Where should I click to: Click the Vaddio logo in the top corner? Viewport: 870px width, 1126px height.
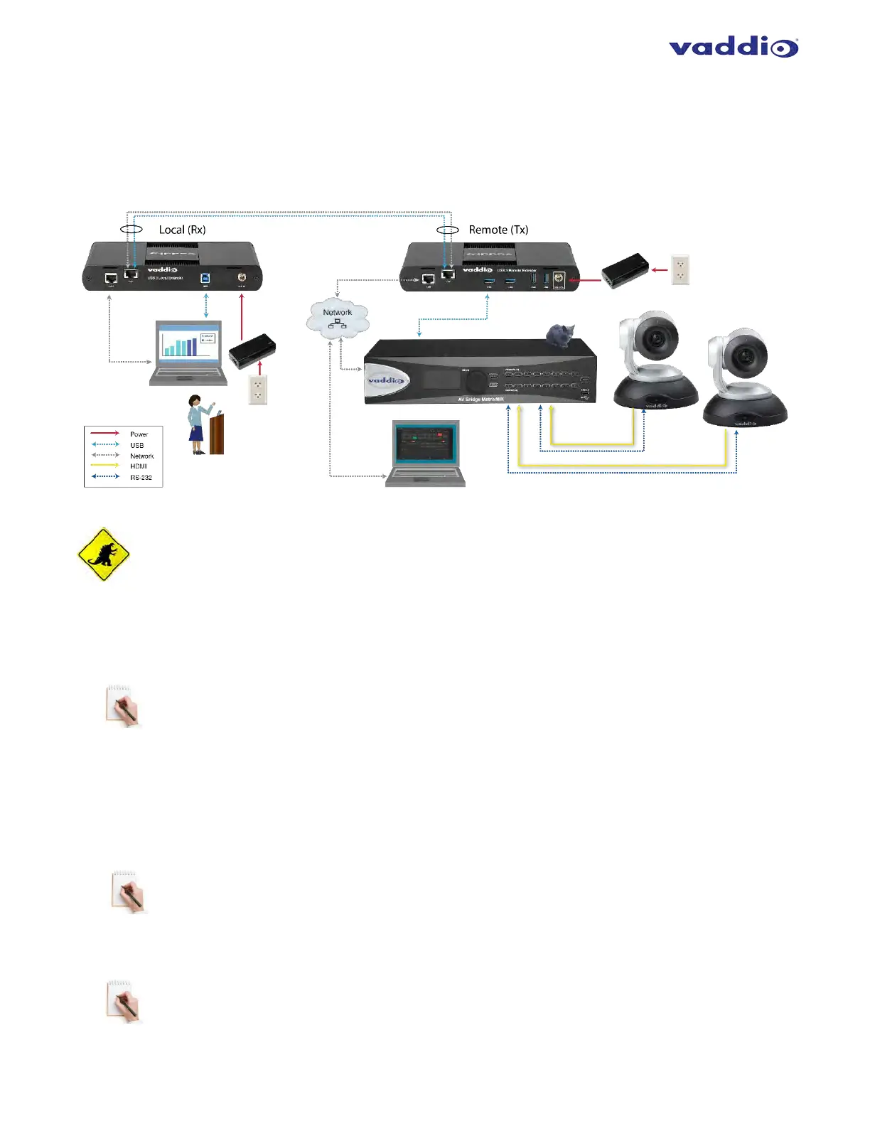(733, 48)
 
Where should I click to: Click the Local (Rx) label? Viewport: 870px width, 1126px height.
(182, 230)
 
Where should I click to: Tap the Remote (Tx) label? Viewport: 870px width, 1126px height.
(498, 230)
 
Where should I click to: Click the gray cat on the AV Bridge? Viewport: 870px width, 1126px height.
(561, 335)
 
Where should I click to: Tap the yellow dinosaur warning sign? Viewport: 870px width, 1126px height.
(104, 554)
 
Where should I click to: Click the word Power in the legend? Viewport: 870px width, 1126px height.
(139, 434)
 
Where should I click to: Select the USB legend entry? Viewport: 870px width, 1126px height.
(136, 445)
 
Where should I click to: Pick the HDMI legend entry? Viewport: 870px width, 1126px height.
(138, 466)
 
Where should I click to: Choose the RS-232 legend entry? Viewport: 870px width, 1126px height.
(141, 478)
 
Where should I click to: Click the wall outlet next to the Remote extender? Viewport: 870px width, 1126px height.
(680, 270)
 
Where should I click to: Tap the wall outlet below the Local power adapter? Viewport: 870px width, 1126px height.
(257, 390)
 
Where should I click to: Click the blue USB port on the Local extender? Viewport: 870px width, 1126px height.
(205, 278)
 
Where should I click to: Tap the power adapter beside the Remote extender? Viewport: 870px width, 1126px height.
(625, 271)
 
